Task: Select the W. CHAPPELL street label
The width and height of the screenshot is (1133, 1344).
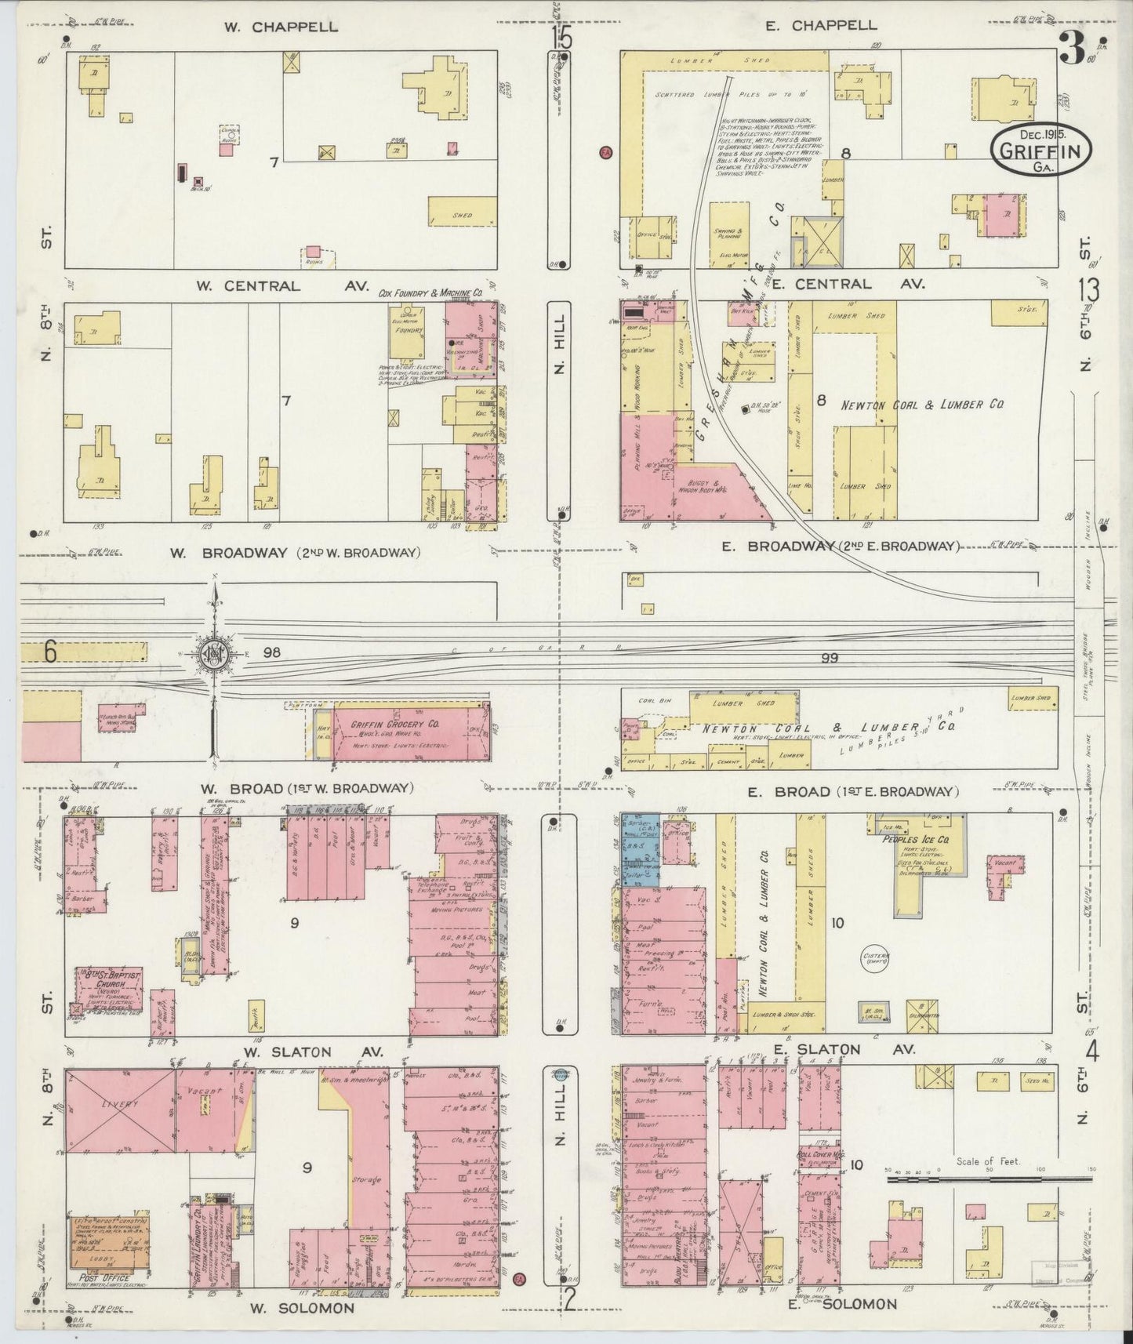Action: tap(281, 27)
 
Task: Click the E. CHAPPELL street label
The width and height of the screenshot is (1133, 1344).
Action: tap(822, 26)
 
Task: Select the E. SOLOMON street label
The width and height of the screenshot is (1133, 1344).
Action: tap(842, 1304)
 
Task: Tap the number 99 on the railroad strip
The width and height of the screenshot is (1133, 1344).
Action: tap(829, 658)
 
